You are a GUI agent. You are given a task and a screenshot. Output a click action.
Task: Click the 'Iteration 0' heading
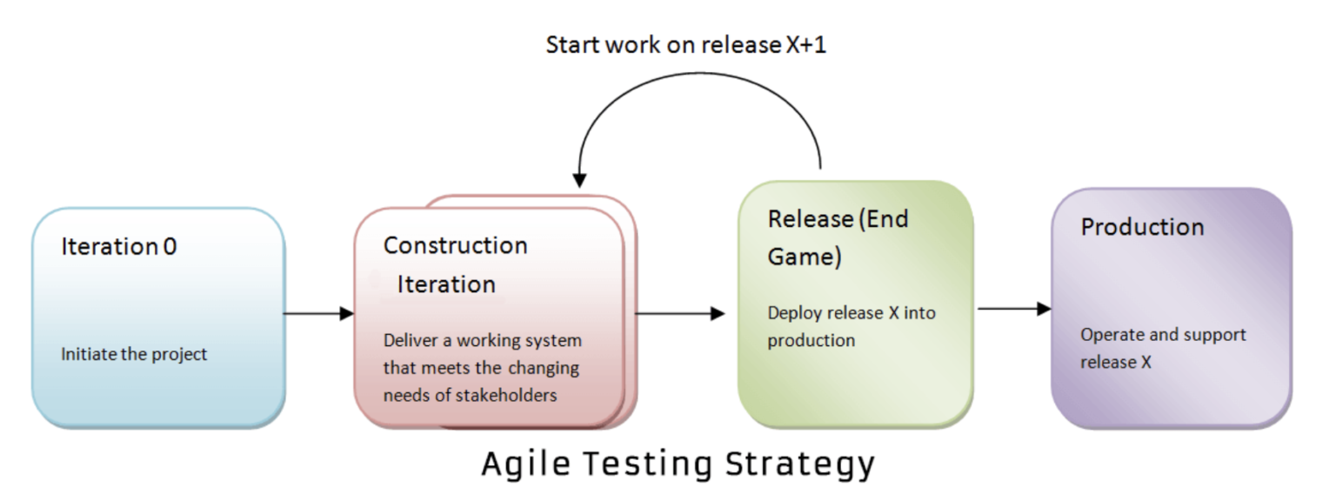click(x=118, y=247)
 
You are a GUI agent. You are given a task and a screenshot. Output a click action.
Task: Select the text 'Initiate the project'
click(x=134, y=355)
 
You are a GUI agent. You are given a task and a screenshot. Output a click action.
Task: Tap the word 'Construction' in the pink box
click(x=455, y=246)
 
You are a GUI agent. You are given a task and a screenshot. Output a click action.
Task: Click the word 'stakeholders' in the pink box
click(x=507, y=395)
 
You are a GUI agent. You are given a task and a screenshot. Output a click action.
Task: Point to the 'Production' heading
click(x=1142, y=227)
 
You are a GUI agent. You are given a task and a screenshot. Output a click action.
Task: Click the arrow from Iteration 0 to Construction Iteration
click(x=319, y=313)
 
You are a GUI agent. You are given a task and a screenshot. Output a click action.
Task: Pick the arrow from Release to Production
click(x=1014, y=309)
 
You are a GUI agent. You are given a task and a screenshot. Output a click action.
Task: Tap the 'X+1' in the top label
click(x=805, y=45)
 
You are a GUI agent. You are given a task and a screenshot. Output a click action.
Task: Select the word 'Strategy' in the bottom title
click(x=801, y=464)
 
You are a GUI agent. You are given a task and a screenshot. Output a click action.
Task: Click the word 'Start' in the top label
click(x=571, y=45)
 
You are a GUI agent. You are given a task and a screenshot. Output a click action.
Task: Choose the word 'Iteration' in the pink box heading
click(x=446, y=284)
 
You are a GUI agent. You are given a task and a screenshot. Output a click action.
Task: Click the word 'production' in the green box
click(x=811, y=341)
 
